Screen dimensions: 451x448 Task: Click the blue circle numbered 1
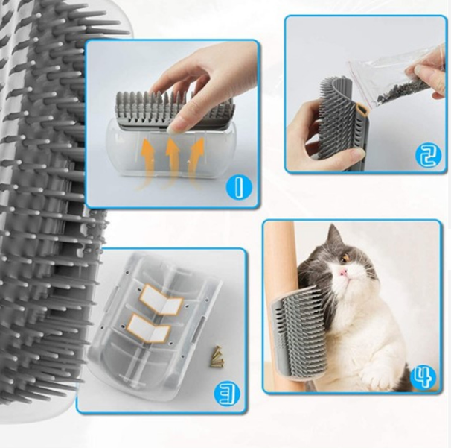tap(237, 186)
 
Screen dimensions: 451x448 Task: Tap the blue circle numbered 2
tap(428, 156)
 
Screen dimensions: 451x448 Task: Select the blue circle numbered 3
tap(227, 394)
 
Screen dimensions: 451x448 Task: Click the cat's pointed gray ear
tap(333, 235)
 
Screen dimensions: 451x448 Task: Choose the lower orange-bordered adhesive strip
tap(149, 328)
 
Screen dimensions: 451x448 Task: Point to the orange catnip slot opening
tap(362, 111)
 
